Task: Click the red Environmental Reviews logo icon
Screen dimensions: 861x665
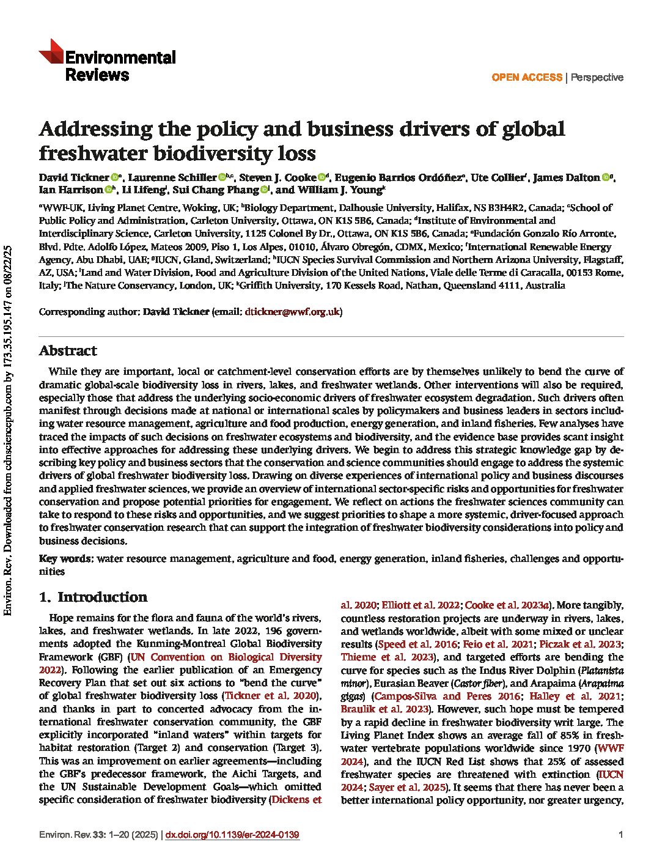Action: [x=51, y=52]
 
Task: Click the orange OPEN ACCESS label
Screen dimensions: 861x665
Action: [x=526, y=77]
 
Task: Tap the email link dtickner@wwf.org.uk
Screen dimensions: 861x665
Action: [x=292, y=312]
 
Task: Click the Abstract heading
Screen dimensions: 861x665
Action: [x=68, y=351]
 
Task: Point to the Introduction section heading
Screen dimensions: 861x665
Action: [x=102, y=597]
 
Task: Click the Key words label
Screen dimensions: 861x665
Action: [x=66, y=558]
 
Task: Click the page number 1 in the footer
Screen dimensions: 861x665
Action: [x=620, y=835]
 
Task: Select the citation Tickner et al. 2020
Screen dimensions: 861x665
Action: [x=272, y=696]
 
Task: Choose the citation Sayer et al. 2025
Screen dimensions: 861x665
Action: [x=406, y=788]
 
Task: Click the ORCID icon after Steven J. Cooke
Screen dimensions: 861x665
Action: [x=322, y=177]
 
